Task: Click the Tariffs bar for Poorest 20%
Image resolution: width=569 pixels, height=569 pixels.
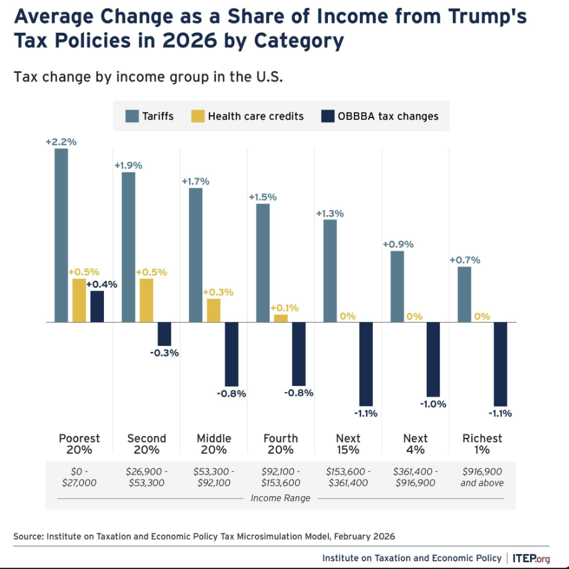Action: coord(61,236)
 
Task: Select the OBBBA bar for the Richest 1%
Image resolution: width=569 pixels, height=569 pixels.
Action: coord(500,364)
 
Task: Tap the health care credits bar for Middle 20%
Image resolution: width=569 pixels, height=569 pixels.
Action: coord(213,310)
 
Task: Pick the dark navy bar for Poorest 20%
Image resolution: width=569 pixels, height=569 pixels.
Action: coord(97,307)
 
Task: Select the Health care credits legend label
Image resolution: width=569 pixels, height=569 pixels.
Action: coord(255,116)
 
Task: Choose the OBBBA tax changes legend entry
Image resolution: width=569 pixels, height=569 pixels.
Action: coord(388,116)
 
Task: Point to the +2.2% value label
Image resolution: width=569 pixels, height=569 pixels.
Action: coord(61,142)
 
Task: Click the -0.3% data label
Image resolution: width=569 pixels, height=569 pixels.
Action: coord(164,353)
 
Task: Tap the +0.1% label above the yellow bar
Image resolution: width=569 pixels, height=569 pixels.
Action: coord(284,307)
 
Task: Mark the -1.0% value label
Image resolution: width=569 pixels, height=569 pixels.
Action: coord(433,404)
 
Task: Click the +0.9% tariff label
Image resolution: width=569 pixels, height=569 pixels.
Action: coord(398,244)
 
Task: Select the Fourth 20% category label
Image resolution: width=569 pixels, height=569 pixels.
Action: coord(281,444)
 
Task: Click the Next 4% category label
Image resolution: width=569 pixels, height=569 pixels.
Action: coord(415,444)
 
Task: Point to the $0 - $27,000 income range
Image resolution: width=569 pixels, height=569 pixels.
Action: coord(79,477)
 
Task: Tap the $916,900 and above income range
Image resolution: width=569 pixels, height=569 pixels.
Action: coord(482,477)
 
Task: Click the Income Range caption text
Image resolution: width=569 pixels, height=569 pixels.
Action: coord(280,498)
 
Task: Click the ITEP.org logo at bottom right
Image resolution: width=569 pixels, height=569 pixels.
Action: coord(531,558)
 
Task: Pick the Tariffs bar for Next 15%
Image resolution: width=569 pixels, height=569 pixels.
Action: coord(330,271)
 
